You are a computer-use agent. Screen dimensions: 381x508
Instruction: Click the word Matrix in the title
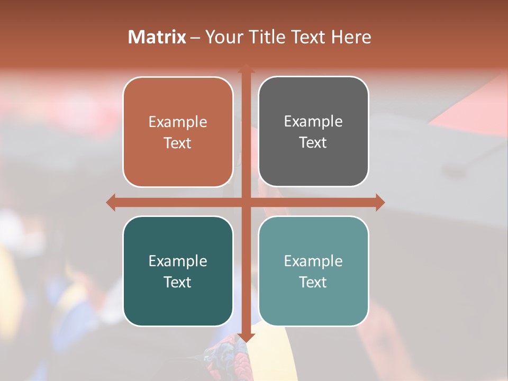pyautogui.click(x=157, y=37)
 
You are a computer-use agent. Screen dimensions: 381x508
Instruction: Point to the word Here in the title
pyautogui.click(x=351, y=37)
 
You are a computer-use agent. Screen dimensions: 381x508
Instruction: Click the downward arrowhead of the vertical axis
pyautogui.click(x=246, y=338)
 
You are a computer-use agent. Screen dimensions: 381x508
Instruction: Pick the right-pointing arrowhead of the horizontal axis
pyautogui.click(x=380, y=202)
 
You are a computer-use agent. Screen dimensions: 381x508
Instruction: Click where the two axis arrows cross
pyautogui.click(x=246, y=202)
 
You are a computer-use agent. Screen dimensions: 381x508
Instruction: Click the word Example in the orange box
pyautogui.click(x=178, y=122)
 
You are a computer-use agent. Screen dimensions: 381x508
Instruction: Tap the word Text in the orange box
pyautogui.click(x=178, y=143)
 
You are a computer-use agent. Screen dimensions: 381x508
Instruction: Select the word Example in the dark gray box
pyautogui.click(x=313, y=122)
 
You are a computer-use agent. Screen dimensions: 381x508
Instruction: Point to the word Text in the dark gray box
pyautogui.click(x=313, y=143)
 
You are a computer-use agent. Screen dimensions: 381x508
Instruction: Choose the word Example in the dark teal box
pyautogui.click(x=178, y=261)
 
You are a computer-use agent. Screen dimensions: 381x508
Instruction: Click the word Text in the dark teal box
pyautogui.click(x=178, y=283)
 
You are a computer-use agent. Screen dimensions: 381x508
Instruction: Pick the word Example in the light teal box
pyautogui.click(x=313, y=261)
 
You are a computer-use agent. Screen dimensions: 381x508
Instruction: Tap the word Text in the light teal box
pyautogui.click(x=313, y=283)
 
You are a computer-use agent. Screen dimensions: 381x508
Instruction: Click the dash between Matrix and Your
pyautogui.click(x=195, y=38)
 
